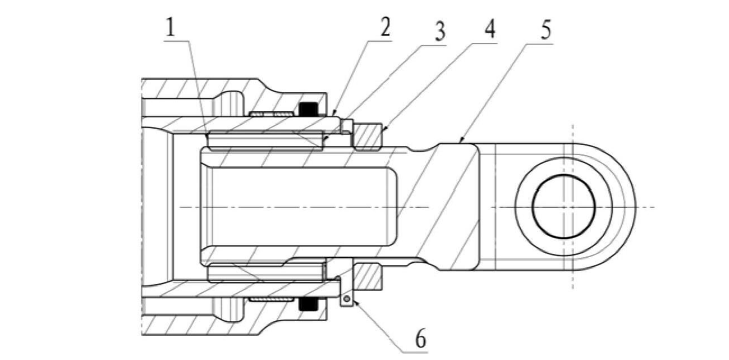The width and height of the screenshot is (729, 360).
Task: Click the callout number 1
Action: coord(171,28)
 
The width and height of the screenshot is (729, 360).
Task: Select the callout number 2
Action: coord(385,29)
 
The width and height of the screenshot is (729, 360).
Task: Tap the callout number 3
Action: coord(438,33)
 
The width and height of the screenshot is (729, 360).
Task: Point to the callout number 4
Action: coord(490,30)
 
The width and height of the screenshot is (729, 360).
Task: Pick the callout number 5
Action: coord(545,31)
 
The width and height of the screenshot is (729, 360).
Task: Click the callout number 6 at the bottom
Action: coord(420,340)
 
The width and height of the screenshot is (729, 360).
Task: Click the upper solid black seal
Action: coord(308,109)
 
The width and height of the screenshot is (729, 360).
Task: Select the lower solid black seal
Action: coord(308,304)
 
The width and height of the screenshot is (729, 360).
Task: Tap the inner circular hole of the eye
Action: coord(563,207)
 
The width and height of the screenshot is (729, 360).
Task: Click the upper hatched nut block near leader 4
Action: coord(367,136)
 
